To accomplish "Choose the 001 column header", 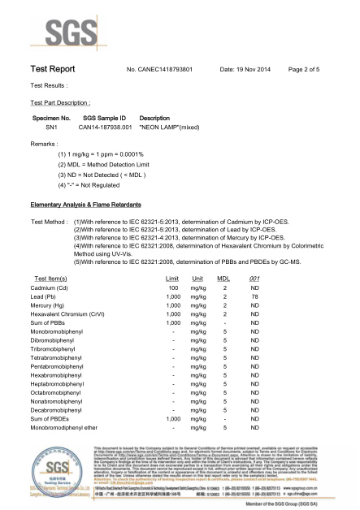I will point(254,278).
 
